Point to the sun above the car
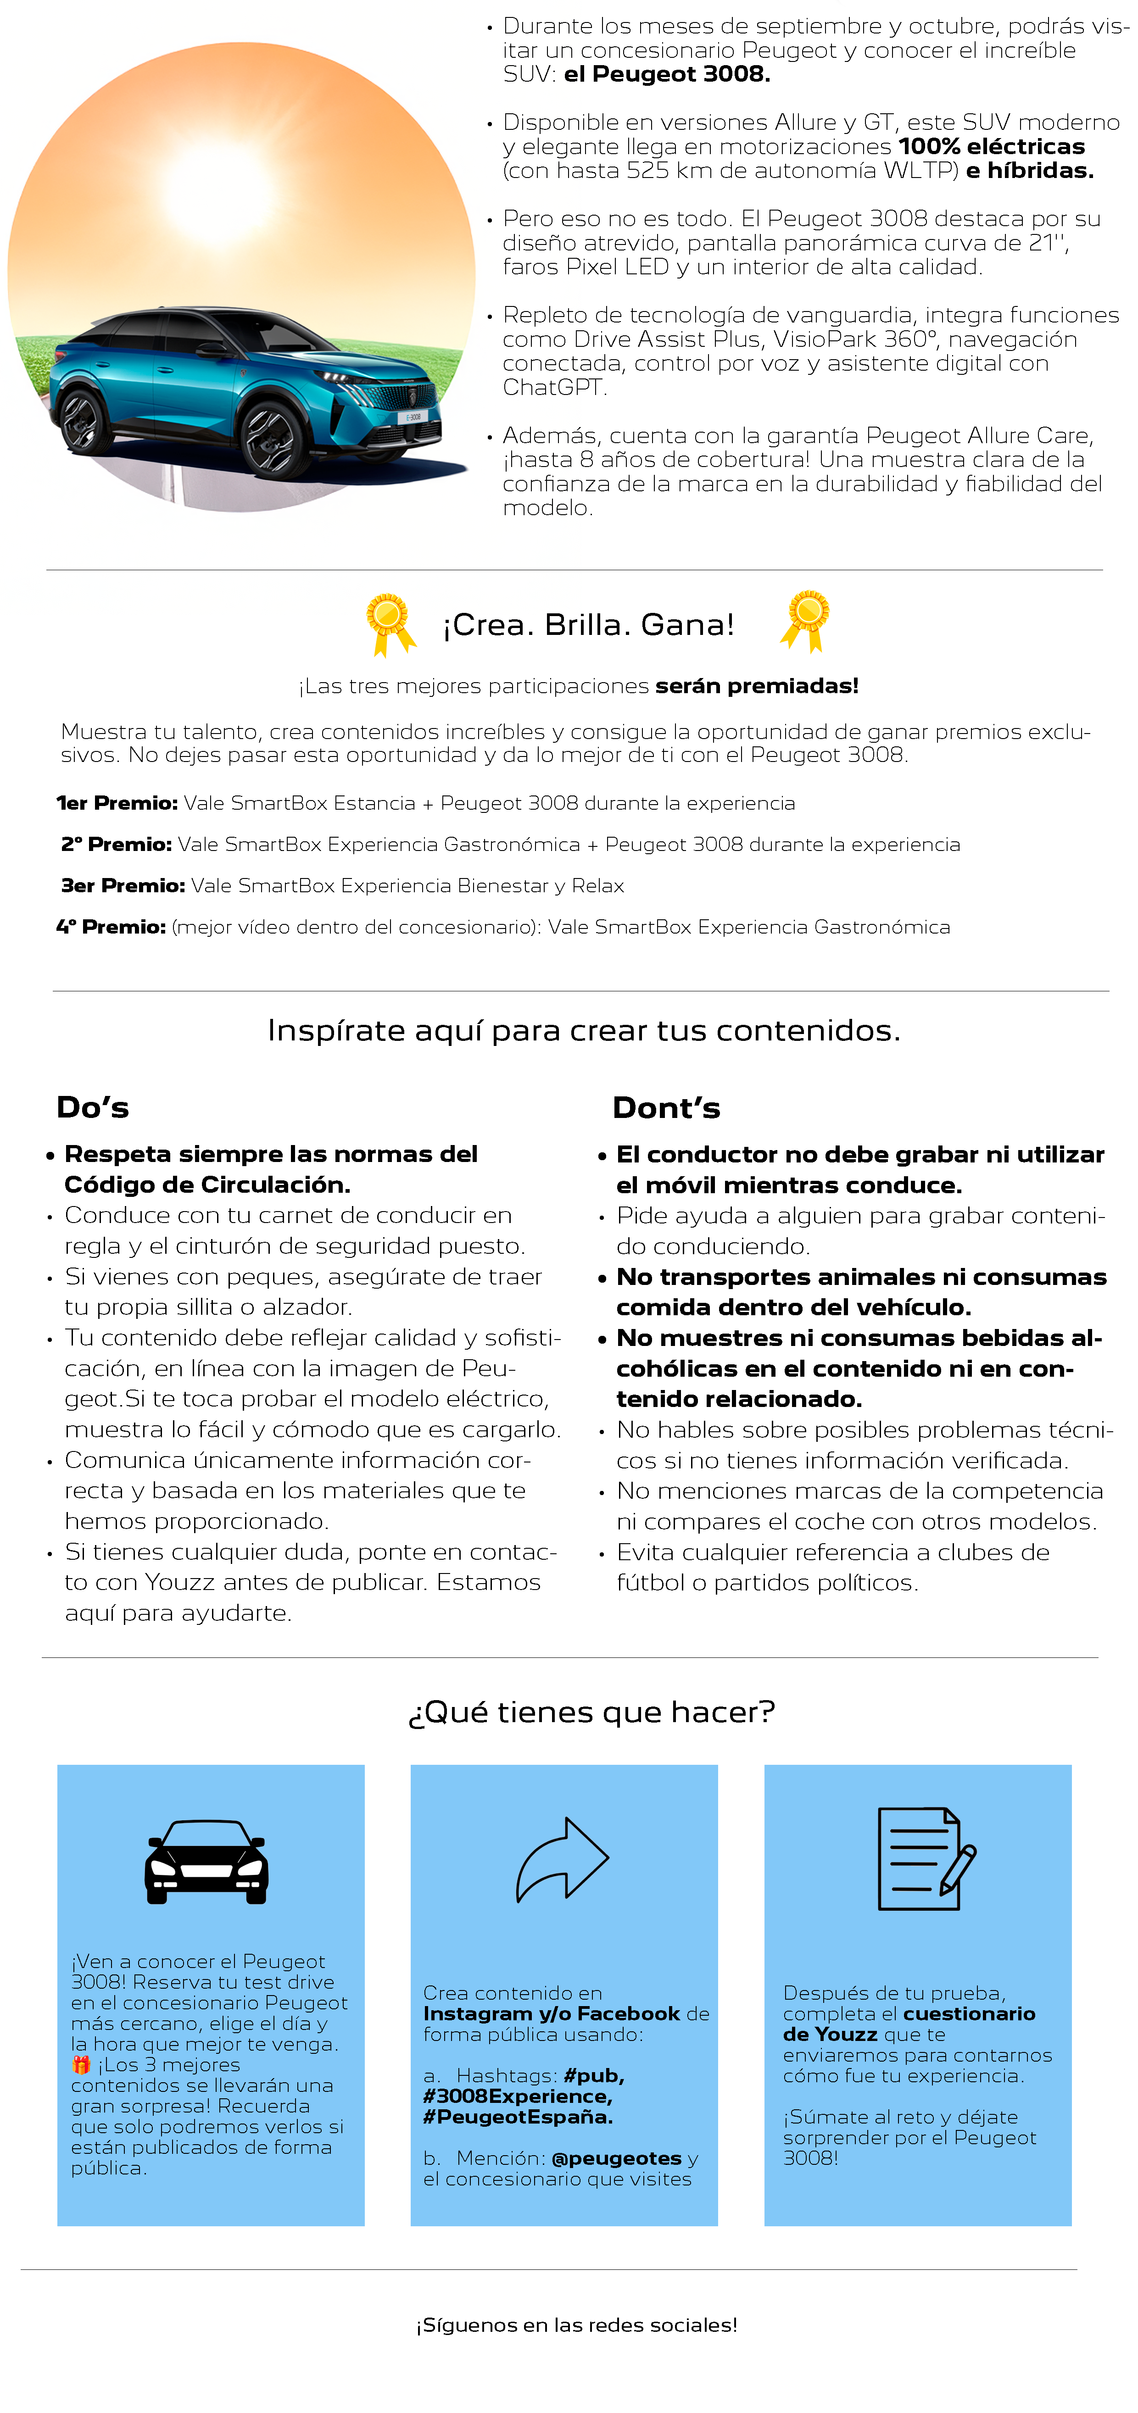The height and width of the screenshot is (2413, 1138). (218, 187)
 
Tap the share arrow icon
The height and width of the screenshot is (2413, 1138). (562, 1860)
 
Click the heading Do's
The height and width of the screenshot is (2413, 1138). (93, 1107)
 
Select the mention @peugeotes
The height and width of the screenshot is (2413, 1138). (616, 2158)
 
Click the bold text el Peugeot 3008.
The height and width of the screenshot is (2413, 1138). (667, 74)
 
